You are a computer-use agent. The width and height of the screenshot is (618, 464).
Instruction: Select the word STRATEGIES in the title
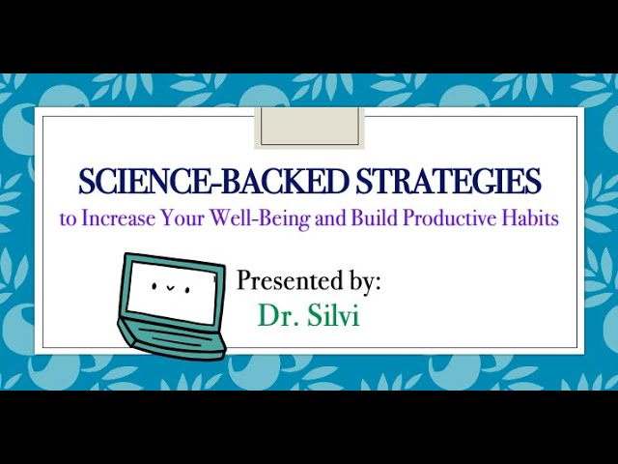(x=448, y=181)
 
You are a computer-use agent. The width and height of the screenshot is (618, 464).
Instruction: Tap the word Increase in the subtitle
(x=118, y=217)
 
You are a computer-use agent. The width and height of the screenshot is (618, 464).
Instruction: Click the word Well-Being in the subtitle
(x=259, y=218)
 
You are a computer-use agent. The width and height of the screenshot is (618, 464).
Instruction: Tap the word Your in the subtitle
(x=183, y=217)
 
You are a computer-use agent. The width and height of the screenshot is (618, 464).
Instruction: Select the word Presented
(x=289, y=280)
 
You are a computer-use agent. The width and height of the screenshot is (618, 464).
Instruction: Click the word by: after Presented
(x=364, y=281)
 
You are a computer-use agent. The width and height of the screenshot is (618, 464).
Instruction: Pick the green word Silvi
(x=333, y=315)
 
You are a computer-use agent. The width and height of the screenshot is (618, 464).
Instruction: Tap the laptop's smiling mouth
(x=170, y=287)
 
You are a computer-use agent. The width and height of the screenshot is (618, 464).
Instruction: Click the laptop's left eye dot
(x=154, y=286)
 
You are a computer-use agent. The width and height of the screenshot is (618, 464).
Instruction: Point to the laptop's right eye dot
(x=187, y=290)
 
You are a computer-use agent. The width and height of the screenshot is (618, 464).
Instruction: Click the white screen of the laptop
(x=173, y=293)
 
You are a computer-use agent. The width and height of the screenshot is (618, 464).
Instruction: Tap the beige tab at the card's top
(x=309, y=128)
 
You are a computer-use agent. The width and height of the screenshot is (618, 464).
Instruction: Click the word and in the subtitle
(x=330, y=217)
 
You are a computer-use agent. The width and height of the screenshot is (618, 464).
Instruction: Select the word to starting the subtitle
(x=68, y=219)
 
